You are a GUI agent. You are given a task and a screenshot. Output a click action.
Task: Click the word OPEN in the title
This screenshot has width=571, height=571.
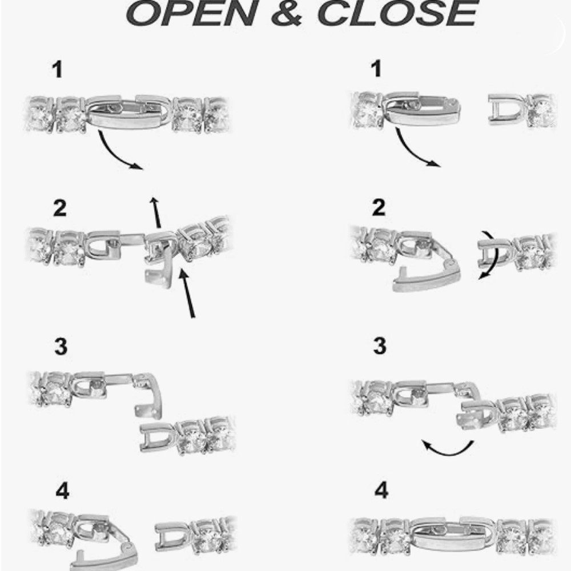[192, 13]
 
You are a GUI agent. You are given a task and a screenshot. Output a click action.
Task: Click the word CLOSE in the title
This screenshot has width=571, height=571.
[397, 13]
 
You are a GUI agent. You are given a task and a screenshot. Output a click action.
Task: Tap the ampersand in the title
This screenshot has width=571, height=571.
[287, 13]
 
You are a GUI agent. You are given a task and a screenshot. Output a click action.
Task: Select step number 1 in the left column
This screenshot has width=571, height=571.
[58, 69]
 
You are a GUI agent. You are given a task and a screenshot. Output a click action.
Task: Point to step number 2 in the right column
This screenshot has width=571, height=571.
[379, 208]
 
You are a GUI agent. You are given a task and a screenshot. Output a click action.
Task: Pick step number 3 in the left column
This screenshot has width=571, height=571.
[61, 347]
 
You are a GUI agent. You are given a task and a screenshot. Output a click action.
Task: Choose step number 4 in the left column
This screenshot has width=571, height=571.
[62, 491]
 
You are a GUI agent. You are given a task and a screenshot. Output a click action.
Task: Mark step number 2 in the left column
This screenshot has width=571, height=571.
[60, 208]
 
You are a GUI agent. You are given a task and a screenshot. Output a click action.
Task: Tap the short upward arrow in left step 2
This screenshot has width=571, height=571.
[156, 212]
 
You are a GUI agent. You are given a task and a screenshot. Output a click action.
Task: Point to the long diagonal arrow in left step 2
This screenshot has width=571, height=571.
[187, 293]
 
